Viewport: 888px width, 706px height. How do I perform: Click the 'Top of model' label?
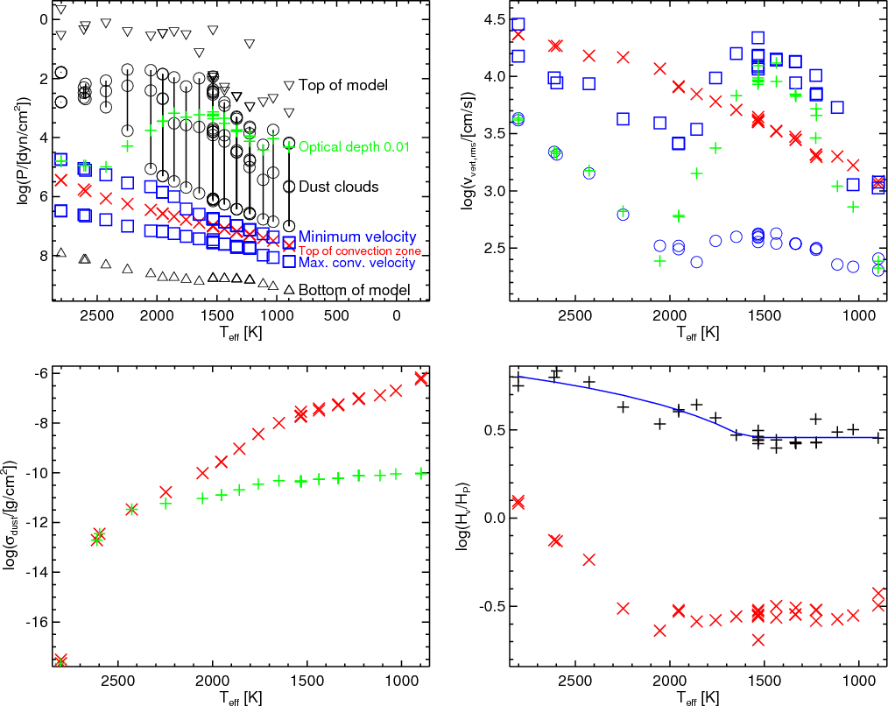(342, 86)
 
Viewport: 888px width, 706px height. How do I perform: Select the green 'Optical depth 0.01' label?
(354, 147)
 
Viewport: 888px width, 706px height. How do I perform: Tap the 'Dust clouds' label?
(338, 187)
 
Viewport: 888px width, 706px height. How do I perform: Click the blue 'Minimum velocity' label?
(357, 237)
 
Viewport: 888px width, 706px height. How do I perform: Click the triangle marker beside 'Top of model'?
(290, 85)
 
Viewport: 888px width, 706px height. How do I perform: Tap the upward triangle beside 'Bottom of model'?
(288, 288)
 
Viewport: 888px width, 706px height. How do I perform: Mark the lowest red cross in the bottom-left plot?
(60, 660)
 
